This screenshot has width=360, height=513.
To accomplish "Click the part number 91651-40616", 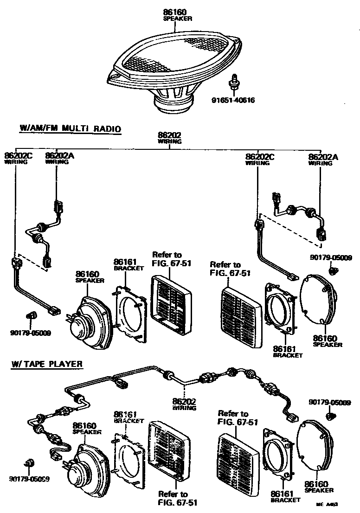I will [233, 100].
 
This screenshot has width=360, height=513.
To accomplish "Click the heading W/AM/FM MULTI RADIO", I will [70, 128].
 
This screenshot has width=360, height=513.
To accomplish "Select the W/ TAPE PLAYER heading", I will [47, 364].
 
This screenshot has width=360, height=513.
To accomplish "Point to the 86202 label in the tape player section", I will [184, 401].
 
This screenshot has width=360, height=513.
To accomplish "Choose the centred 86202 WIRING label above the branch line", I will [170, 137].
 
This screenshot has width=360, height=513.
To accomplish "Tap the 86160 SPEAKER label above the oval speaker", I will [178, 15].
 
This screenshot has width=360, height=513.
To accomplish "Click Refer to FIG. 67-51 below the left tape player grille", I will [173, 498].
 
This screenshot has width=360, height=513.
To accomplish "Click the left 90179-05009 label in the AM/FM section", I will [30, 332].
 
